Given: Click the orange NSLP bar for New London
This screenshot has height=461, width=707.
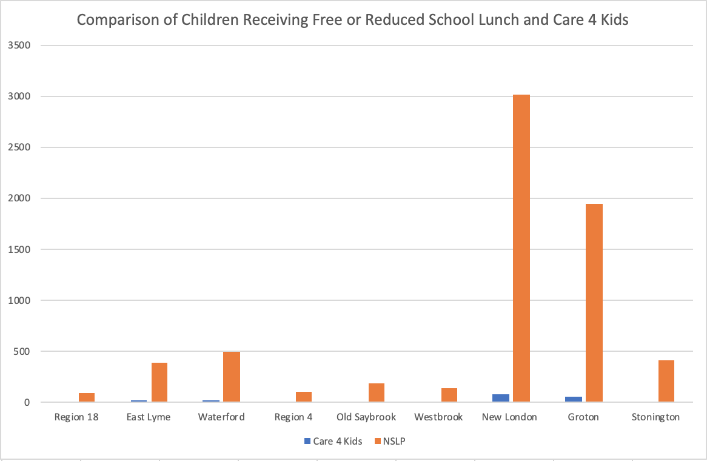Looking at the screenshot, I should [x=521, y=249].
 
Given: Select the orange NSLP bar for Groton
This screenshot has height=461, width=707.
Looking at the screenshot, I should [x=594, y=303].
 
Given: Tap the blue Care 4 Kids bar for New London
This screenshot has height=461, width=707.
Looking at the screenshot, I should [x=501, y=398].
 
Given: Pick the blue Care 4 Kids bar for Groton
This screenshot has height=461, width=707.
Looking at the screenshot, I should [x=574, y=399].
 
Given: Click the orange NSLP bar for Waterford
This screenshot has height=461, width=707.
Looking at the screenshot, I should [x=232, y=377].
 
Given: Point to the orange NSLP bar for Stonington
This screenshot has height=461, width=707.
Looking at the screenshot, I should [x=666, y=381].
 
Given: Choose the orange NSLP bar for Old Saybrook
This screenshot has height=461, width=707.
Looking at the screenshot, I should [x=376, y=392].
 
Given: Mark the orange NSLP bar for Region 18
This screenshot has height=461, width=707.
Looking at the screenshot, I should [x=86, y=397].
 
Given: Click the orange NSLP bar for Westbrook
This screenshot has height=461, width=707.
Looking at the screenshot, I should [x=449, y=395].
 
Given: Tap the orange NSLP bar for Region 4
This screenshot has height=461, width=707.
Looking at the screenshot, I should [x=304, y=397].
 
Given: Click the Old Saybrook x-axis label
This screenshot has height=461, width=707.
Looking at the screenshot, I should [x=366, y=417].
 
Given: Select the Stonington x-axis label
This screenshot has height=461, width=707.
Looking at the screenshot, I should [x=655, y=417].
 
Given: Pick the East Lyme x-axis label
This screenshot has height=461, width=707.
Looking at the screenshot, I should [x=149, y=417].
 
